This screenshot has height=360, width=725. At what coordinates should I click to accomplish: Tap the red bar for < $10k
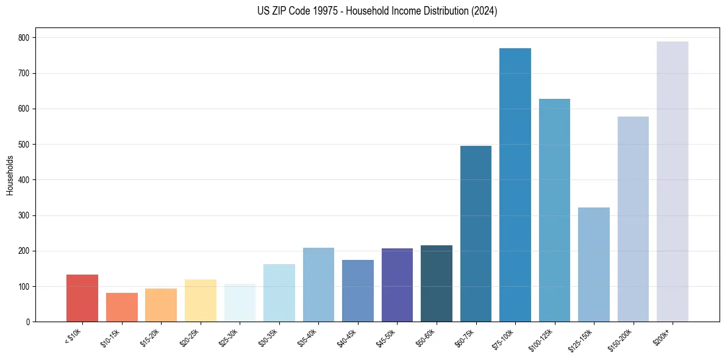[x=82, y=298]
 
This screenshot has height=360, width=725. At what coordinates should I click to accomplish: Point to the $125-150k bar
[x=593, y=265]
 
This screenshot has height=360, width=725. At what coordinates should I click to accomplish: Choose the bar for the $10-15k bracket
[x=121, y=308]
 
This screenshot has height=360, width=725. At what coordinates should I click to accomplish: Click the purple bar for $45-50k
[x=397, y=285]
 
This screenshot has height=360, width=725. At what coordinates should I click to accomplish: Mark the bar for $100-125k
[x=554, y=211]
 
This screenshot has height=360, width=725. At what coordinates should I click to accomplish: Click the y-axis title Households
[x=10, y=175]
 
